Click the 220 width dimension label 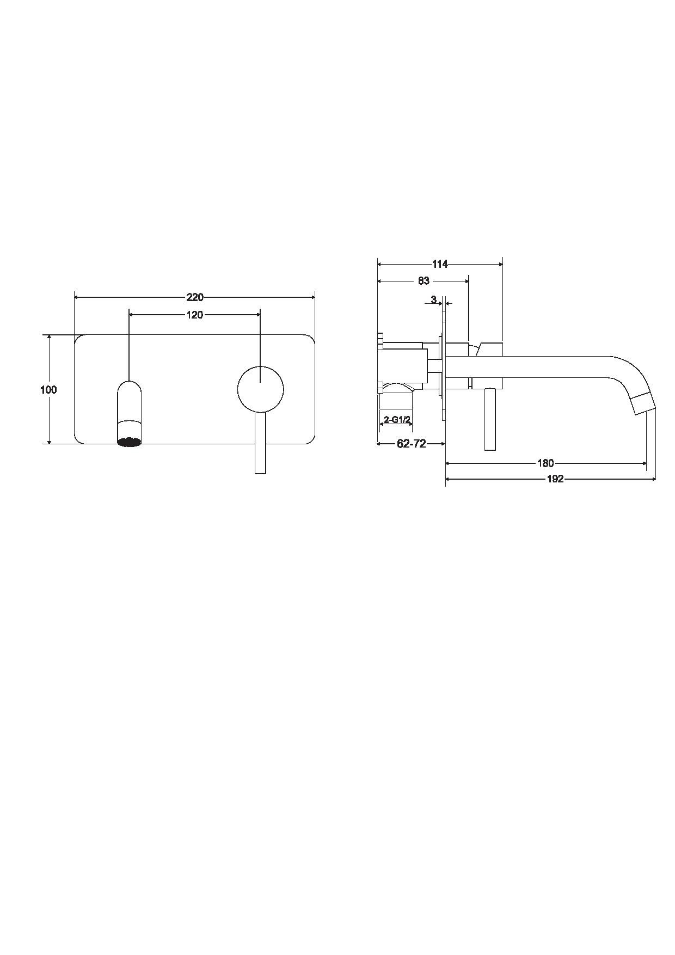coord(195,297)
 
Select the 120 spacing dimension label coord(195,315)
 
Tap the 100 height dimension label coord(48,390)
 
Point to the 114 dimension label coord(440,264)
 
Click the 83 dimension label coord(424,281)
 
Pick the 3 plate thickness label coord(433,299)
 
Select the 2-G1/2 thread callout coord(397,420)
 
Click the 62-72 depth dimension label coord(412,444)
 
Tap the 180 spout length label coord(545,463)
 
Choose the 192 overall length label coord(555,479)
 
